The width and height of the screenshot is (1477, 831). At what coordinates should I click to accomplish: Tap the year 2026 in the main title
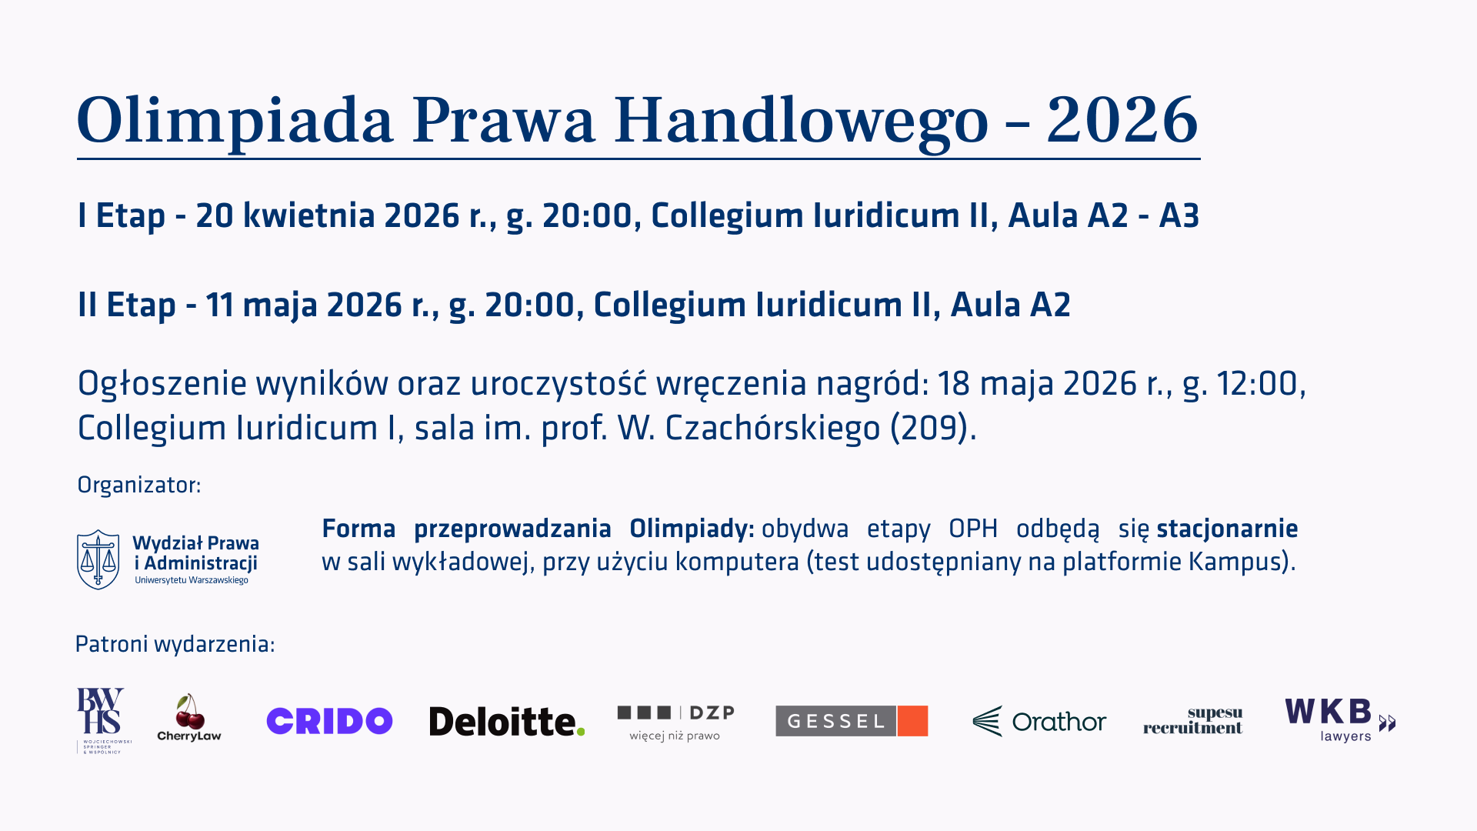[1122, 120]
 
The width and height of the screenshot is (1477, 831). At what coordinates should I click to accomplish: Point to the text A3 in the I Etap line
[1179, 215]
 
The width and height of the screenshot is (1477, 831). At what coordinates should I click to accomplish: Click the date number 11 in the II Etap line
[219, 305]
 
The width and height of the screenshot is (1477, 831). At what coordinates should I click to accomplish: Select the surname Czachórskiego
[772, 428]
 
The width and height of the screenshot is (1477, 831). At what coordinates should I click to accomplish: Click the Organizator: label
[139, 486]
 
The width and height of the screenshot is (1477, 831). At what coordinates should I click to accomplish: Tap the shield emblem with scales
[98, 559]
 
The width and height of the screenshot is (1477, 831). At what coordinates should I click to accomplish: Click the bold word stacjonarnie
[1227, 529]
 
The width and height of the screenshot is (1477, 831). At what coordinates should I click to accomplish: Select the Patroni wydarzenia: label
[175, 644]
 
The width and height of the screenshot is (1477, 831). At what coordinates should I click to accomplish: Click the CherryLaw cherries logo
[189, 717]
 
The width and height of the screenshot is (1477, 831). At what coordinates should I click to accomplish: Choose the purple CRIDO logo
[329, 721]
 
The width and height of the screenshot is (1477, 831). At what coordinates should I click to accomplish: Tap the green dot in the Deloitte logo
[580, 731]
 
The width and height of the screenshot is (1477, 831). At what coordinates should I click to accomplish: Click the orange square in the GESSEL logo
[912, 721]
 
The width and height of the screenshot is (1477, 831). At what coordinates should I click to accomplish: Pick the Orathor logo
[1039, 722]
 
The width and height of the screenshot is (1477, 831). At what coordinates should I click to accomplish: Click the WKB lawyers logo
[1340, 720]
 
